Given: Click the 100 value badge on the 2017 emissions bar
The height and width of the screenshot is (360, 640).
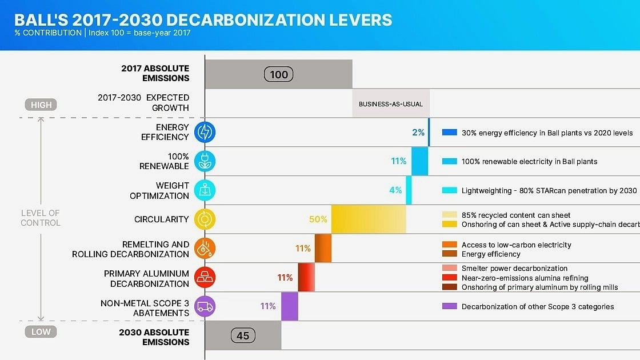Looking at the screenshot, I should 279,74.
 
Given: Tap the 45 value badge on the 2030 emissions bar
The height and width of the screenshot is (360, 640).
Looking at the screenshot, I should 243,335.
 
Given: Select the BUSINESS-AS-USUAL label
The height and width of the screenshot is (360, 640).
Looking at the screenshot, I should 391,104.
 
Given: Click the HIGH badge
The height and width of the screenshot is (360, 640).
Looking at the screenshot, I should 41,105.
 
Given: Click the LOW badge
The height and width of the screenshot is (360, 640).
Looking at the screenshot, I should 41,331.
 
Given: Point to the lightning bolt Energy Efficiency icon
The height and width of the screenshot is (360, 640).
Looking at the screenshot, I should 205,132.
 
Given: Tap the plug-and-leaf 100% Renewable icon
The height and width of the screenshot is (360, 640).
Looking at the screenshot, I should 205,161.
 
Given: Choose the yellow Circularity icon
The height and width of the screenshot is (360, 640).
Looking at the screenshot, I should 205,219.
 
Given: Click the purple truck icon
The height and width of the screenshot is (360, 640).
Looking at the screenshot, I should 205,306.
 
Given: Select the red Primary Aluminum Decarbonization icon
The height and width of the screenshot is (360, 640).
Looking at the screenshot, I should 205,277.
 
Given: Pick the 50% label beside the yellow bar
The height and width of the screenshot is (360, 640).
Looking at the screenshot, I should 318,219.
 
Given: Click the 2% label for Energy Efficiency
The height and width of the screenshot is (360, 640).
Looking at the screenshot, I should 418,132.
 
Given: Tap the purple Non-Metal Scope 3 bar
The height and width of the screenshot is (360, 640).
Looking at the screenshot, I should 290,306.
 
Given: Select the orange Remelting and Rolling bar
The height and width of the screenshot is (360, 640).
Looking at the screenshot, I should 323,248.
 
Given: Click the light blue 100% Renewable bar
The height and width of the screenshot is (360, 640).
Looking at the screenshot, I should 419,161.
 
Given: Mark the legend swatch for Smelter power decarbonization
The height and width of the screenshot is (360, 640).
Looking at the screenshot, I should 450,268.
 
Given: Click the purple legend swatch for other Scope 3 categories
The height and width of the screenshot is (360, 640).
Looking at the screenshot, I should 450,306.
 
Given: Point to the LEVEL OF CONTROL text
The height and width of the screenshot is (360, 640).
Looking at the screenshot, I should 41,218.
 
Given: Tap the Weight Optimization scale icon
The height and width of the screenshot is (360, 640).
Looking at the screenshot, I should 205,190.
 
